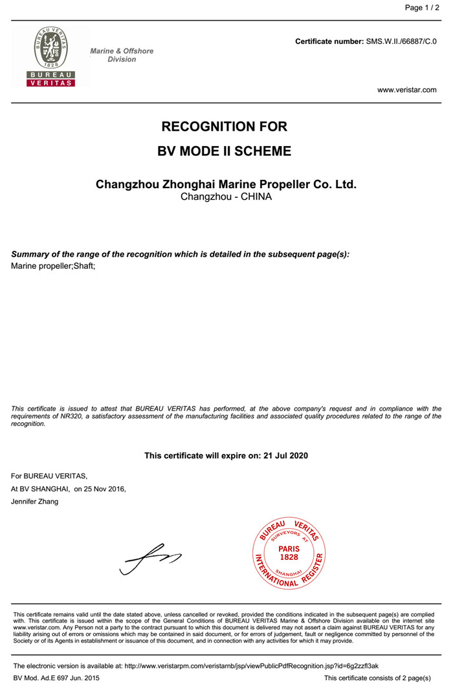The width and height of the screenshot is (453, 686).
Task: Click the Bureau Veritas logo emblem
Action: point(50,57)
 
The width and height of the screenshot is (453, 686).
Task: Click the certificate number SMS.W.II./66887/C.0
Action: point(402,41)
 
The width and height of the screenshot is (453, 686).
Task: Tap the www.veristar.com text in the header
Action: point(407,90)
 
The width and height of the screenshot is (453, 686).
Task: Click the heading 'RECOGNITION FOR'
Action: point(224,127)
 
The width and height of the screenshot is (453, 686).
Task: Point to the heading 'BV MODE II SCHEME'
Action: point(224,152)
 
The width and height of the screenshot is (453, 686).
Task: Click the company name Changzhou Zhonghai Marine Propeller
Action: point(226,184)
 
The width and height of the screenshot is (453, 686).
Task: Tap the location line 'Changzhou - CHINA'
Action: point(226,197)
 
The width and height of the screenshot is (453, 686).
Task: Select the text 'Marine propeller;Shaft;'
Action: point(53,266)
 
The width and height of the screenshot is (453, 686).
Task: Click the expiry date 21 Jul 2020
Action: point(286,456)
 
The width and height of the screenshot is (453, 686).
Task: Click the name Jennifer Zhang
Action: point(35,502)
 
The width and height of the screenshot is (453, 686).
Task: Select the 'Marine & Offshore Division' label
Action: point(122,55)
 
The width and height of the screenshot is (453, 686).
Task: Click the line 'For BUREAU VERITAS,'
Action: point(49,476)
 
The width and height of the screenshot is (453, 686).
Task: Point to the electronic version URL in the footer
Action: point(251,665)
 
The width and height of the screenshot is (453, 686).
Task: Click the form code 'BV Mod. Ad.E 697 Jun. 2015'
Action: point(56,678)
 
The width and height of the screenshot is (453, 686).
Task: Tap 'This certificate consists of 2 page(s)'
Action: point(377,678)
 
